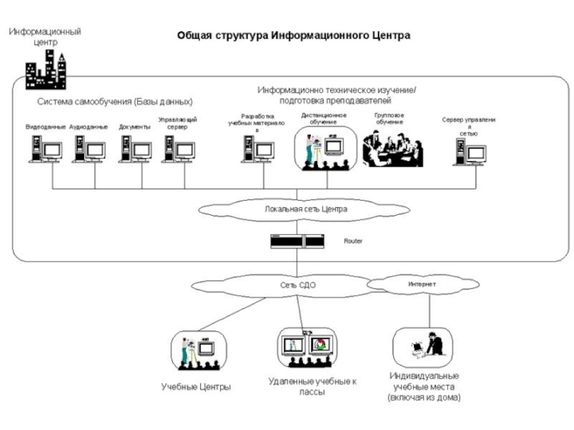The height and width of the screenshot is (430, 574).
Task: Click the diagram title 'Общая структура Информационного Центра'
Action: (x=294, y=35)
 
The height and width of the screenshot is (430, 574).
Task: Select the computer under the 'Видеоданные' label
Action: (x=45, y=150)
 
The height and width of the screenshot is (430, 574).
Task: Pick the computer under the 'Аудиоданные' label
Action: (x=89, y=150)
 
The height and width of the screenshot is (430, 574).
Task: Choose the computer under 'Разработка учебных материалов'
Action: (x=258, y=150)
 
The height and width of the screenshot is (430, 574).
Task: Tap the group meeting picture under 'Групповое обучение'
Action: (x=392, y=148)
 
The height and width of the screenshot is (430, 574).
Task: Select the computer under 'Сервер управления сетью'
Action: (x=469, y=152)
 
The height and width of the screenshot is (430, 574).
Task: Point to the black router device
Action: (x=297, y=242)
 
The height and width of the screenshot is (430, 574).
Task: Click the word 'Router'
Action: (x=353, y=242)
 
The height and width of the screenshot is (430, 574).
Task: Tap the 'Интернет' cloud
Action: (x=422, y=285)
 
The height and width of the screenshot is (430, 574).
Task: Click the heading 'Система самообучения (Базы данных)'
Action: (x=116, y=102)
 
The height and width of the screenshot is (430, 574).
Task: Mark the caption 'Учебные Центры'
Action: (x=196, y=387)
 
